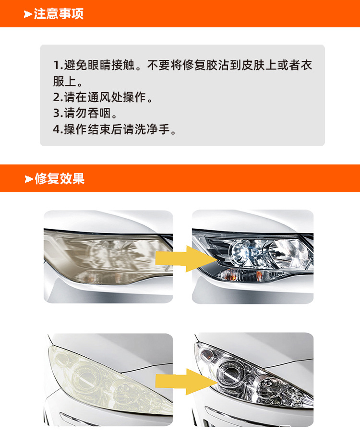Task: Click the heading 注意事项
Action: pyautogui.click(x=59, y=13)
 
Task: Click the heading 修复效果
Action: pyautogui.click(x=60, y=179)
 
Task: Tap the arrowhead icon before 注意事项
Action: pyautogui.click(x=28, y=14)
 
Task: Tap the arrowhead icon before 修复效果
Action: pyautogui.click(x=29, y=179)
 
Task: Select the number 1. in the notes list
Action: pyautogui.click(x=58, y=65)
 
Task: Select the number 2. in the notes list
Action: pyautogui.click(x=58, y=97)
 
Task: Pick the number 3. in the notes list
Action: pyautogui.click(x=58, y=114)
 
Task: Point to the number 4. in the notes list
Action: pyautogui.click(x=58, y=129)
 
